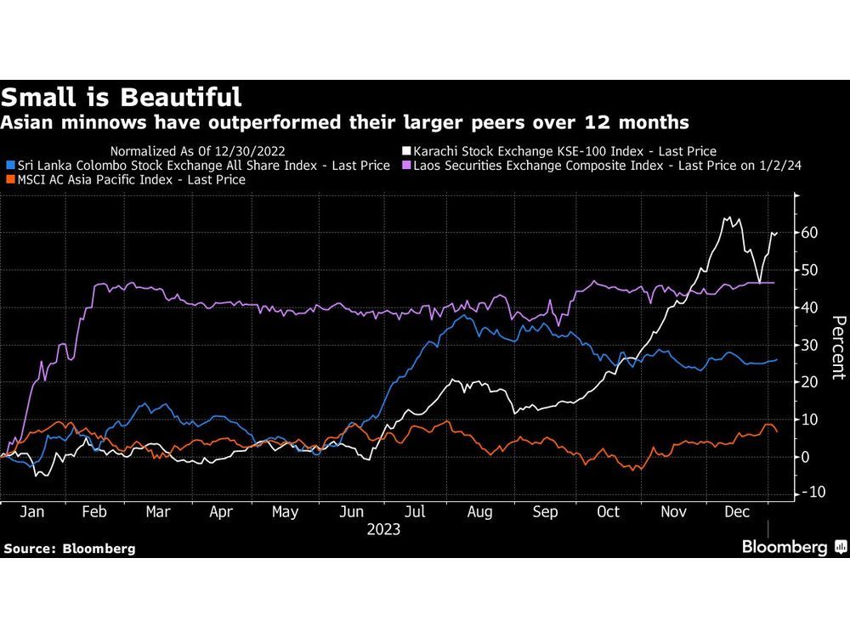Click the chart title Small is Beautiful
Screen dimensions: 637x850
coord(121,96)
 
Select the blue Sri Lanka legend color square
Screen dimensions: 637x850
coord(9,166)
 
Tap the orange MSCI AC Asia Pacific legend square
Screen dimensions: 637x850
coord(9,180)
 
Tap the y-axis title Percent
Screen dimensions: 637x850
coord(837,347)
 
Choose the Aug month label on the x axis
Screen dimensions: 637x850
coord(479,512)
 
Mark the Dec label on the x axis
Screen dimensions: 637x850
coord(736,512)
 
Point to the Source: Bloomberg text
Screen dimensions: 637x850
coord(69,549)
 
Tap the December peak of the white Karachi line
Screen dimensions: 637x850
coord(728,218)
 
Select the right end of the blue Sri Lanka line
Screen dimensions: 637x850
coord(776,359)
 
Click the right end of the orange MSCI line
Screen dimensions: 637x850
coord(776,431)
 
